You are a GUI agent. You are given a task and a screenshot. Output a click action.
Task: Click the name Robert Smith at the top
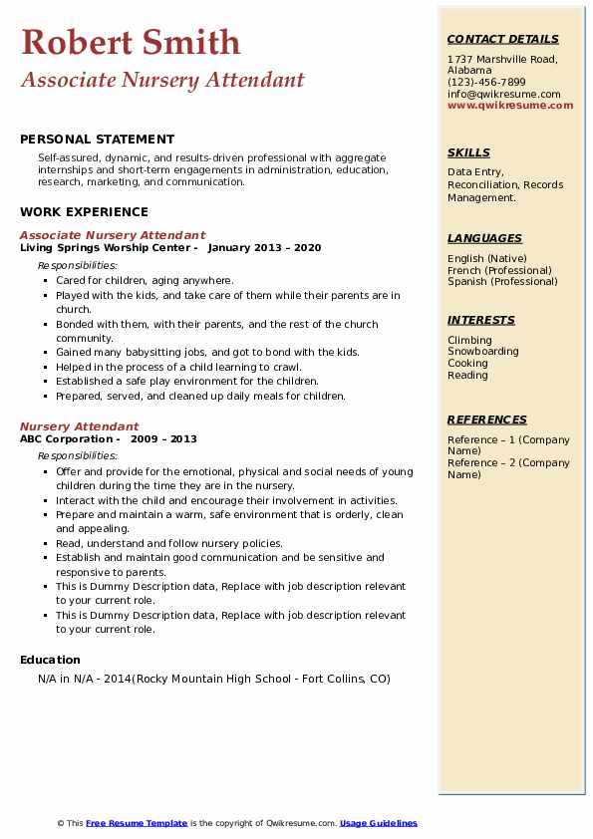point(131,42)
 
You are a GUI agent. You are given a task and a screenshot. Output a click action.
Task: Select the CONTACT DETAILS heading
point(503,39)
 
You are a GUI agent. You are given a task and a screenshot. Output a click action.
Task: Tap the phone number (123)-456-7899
point(486,82)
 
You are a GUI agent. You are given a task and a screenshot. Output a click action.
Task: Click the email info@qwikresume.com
point(503,94)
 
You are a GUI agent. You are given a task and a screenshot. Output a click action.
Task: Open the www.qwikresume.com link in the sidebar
point(510,105)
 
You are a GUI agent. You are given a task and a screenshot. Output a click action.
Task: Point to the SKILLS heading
point(468,152)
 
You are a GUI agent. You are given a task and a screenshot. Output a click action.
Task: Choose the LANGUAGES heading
point(484,238)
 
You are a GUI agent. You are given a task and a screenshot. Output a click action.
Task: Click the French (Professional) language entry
point(499,270)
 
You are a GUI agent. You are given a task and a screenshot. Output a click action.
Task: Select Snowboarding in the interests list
point(482,352)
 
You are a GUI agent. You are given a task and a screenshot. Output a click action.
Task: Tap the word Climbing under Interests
point(469,340)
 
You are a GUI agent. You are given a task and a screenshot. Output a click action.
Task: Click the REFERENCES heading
point(487,419)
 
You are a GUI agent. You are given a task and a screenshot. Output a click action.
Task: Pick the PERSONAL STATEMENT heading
point(97,140)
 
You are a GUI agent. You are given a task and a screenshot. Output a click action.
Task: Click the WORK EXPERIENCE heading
point(84,211)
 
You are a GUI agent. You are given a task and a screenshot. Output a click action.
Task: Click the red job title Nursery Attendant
point(79,426)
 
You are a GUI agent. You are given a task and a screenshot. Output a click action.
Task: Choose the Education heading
point(50,660)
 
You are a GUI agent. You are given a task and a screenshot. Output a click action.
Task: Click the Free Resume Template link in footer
point(137,823)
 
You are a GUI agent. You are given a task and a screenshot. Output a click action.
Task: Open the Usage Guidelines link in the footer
point(378,823)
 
